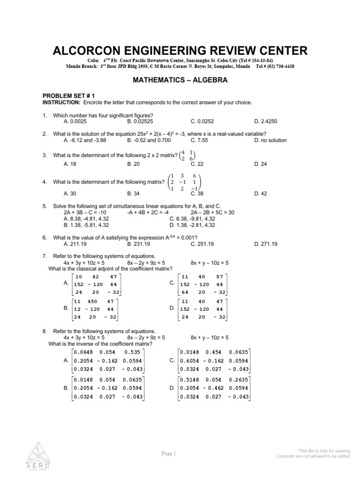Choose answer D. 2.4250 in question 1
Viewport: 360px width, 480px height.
(266, 121)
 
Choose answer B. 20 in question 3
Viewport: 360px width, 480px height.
(135, 165)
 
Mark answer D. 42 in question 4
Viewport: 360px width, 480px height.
(260, 193)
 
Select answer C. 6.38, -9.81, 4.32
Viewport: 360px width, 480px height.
(193, 218)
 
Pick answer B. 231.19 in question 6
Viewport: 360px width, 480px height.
(138, 244)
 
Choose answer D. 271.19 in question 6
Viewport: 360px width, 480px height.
(266, 244)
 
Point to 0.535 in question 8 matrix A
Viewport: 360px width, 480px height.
(132, 352)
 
